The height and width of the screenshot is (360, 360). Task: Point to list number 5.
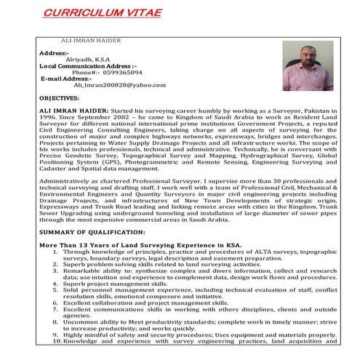tap(55, 289)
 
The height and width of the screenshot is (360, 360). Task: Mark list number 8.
tap(55, 321)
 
